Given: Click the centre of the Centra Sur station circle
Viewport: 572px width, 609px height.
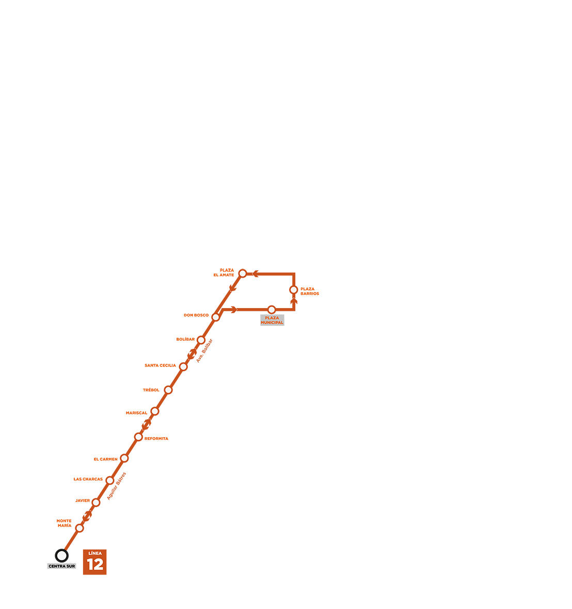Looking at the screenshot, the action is coord(62,555).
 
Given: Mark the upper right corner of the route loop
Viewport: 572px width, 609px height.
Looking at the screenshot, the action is coord(294,274).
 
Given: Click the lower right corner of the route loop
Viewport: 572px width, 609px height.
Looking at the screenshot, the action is coord(294,310).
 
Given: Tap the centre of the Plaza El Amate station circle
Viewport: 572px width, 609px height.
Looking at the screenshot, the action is coord(243,274).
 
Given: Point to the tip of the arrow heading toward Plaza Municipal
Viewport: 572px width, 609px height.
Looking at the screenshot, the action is coord(237,310).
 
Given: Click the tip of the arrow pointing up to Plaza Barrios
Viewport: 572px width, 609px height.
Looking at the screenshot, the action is coord(294,297).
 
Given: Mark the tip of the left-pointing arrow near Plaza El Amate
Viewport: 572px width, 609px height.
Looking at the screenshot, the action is coord(252,274).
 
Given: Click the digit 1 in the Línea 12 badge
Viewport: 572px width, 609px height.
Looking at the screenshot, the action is coord(90,564).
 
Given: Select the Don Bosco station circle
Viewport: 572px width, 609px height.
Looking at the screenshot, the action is coord(216,317).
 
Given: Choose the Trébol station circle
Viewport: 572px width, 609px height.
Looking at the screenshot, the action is coord(168,390).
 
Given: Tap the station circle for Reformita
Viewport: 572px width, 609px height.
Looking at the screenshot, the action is coord(138,437).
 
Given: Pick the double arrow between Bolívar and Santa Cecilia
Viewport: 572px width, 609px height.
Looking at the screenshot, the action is coord(192,354).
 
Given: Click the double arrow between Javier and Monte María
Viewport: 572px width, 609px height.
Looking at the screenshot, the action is coord(87,516).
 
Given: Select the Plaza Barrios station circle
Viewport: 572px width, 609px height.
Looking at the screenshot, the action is coord(294,290).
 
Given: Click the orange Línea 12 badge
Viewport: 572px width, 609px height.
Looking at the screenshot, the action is coord(95,562).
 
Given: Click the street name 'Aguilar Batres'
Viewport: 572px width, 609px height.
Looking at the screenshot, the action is coord(117,486).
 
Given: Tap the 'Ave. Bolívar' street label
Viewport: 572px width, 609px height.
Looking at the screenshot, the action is coord(204,351).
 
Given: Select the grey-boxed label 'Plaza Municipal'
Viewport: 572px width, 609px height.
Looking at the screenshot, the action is coord(272,320).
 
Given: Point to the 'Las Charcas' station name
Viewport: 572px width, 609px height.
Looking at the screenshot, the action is coord(88,479).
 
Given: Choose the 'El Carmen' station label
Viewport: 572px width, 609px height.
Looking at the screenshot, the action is coord(105,459).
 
